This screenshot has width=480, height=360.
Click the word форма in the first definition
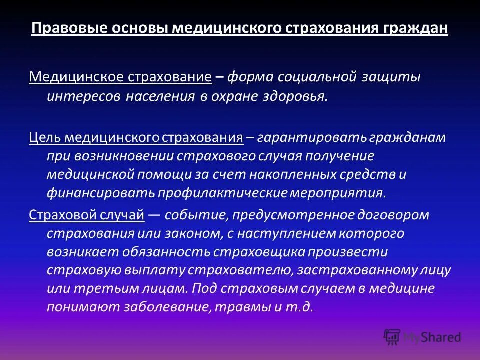coord(250,77)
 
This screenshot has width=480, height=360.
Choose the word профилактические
coord(222,192)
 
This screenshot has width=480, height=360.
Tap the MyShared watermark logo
coord(422,337)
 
